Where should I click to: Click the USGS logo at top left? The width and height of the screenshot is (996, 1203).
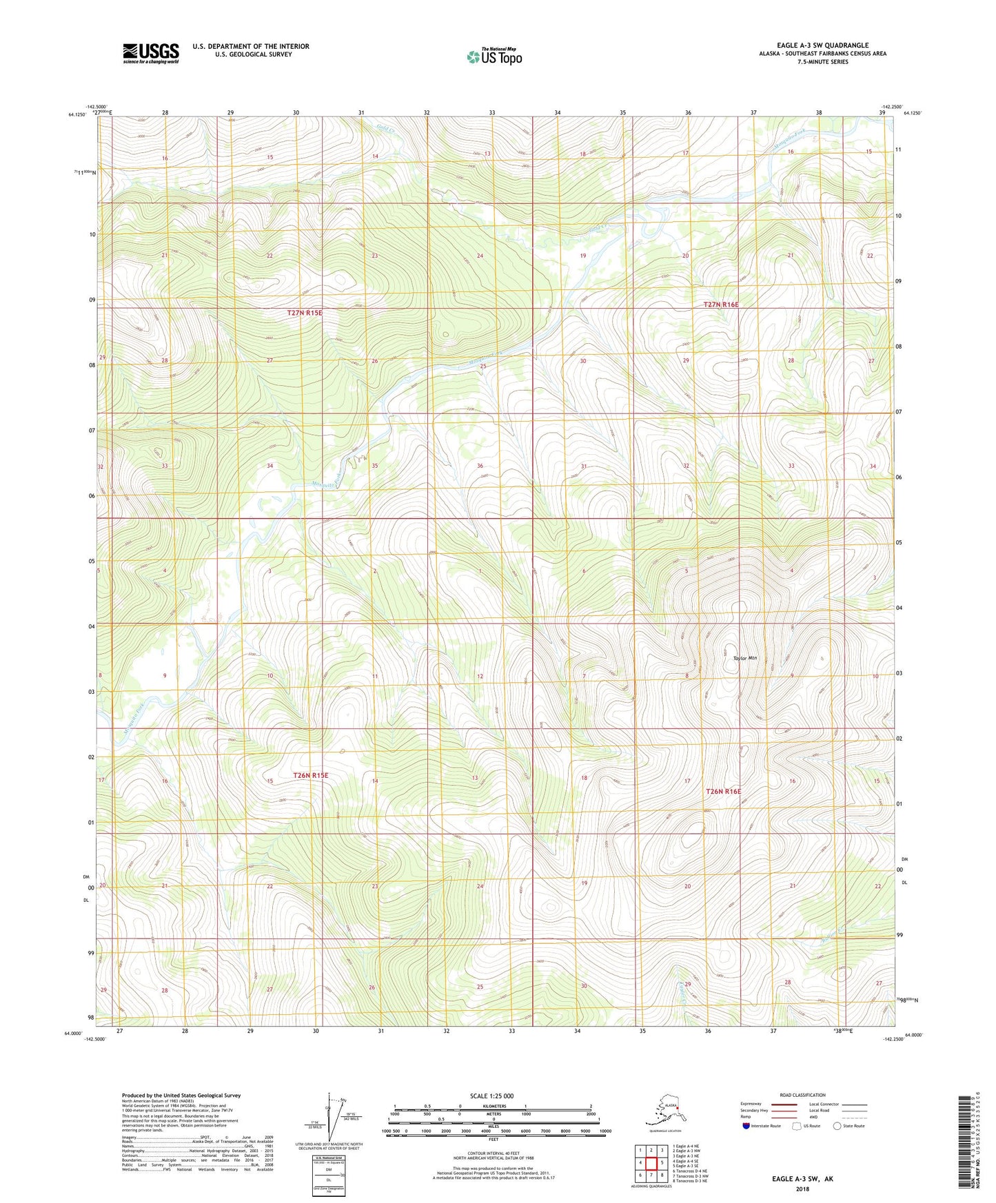150,53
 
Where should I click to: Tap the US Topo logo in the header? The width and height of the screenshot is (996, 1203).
494,56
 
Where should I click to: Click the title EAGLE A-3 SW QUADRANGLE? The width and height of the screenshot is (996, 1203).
822,45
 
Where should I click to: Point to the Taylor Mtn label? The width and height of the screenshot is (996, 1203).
744,658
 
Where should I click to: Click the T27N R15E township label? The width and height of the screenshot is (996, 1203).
305,313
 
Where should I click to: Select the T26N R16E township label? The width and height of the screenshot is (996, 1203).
723,792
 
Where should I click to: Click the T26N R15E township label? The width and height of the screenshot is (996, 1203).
311,775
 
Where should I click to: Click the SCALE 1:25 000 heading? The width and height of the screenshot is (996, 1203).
491,1096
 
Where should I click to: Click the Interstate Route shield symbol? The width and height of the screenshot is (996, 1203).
746,1126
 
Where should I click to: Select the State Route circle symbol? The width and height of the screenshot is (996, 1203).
837,1126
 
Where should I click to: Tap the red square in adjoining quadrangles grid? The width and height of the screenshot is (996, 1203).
651,1162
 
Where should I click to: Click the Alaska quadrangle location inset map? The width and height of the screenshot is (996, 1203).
664,1111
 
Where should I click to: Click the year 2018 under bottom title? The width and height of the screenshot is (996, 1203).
802,1189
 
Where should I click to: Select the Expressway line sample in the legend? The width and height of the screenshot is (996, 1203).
782,1104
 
